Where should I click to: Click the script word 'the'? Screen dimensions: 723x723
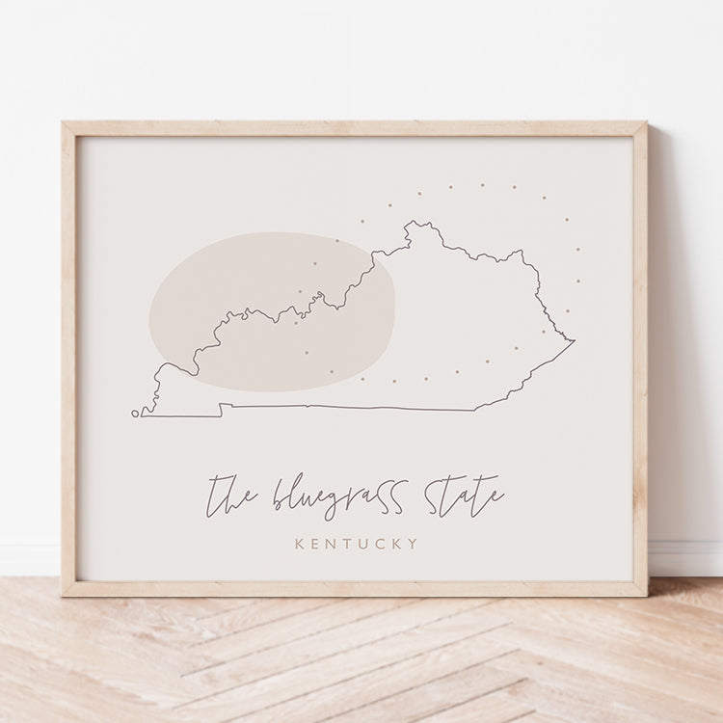[231, 495]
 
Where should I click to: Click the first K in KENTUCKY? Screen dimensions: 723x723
[300, 545]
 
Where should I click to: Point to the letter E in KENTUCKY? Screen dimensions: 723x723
[316, 545]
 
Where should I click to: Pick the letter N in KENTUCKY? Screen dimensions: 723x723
[334, 545]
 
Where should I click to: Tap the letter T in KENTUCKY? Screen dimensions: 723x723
[350, 545]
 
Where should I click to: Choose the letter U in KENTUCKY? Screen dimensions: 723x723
[366, 545]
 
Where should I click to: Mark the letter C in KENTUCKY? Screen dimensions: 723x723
[383, 545]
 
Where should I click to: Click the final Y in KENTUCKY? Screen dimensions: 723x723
[415, 545]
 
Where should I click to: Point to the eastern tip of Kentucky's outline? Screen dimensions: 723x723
[574, 340]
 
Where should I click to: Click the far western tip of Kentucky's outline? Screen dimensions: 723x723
[135, 414]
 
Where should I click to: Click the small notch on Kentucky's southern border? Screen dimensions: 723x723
[222, 410]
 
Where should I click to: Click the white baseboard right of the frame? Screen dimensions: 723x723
[686, 557]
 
